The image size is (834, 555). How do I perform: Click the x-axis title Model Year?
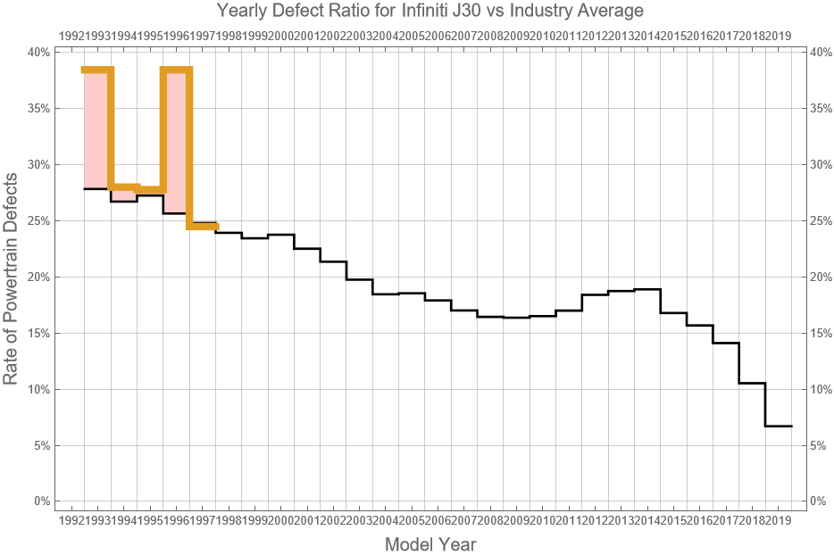click(x=430, y=543)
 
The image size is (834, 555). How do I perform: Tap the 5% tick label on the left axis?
click(x=40, y=445)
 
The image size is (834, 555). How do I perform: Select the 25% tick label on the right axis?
click(x=821, y=220)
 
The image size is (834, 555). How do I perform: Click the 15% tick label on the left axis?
click(x=38, y=333)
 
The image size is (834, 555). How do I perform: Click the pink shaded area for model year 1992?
click(x=96, y=129)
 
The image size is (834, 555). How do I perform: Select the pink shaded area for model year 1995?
click(x=175, y=143)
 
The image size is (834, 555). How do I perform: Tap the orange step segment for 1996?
click(x=202, y=227)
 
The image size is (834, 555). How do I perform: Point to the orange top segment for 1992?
click(x=96, y=70)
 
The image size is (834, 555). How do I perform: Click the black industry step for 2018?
click(x=778, y=426)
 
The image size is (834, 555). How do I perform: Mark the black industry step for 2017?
click(x=752, y=383)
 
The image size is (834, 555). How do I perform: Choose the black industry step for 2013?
click(x=646, y=289)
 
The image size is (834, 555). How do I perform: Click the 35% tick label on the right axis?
click(x=821, y=108)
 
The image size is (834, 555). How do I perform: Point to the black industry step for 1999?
click(x=280, y=235)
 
